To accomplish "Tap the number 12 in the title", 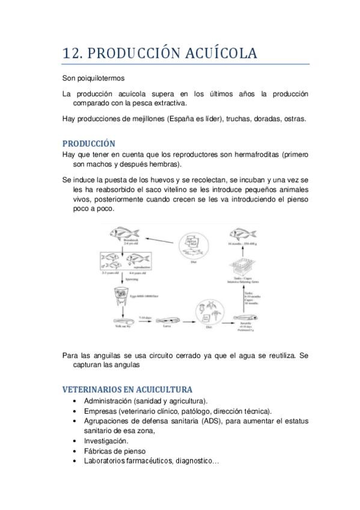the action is coord(72,54).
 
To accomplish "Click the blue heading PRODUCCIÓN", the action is coord(88,144).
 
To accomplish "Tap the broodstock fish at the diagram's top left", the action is coord(123,232).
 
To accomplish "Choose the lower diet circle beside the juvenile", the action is coord(208,315).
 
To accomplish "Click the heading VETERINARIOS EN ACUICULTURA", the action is coord(127,389).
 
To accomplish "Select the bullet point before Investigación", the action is coord(74,441).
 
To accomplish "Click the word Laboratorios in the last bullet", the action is coord(106,461).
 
